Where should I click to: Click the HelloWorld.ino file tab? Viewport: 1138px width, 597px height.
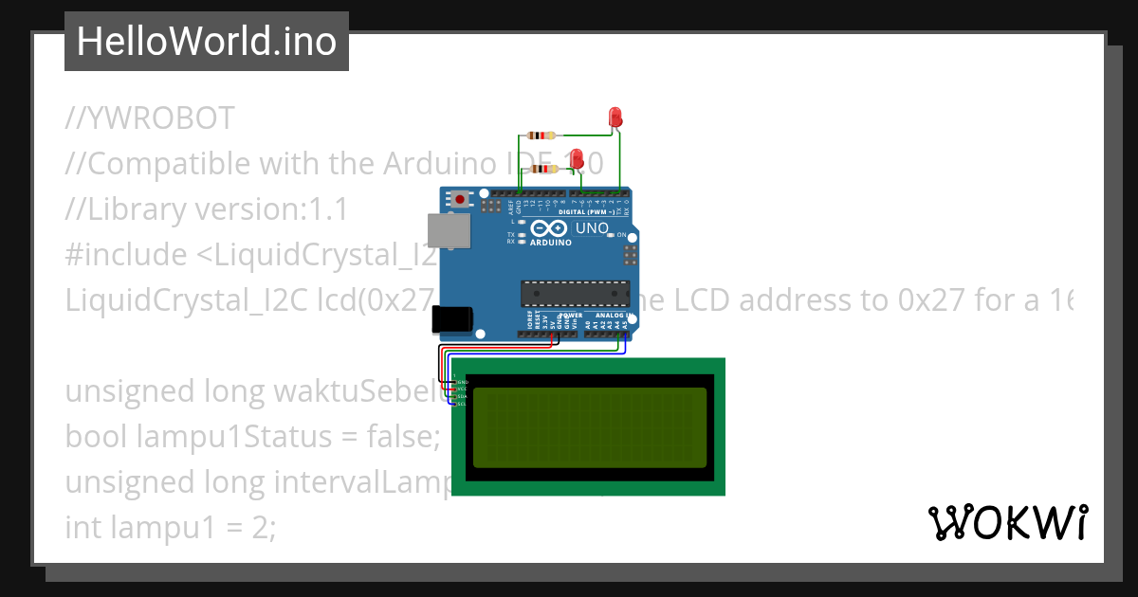(x=206, y=42)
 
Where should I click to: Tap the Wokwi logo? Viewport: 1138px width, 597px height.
(x=1007, y=522)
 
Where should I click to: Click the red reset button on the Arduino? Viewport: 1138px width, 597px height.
(x=462, y=199)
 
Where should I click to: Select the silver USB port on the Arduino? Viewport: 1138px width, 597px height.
(x=449, y=230)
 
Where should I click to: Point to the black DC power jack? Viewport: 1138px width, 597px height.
(x=451, y=319)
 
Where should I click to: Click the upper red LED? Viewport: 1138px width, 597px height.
(x=613, y=118)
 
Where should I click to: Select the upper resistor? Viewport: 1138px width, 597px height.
(x=542, y=136)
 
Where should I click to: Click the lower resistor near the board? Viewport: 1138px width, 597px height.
(x=544, y=169)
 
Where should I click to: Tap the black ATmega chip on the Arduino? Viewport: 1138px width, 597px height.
(x=575, y=293)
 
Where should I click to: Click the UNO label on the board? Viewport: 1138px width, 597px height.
(x=592, y=228)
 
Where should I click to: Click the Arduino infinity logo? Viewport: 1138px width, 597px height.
(x=550, y=228)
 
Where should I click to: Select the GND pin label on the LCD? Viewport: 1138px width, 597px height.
(x=462, y=382)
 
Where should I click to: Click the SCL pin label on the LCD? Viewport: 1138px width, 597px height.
(x=462, y=405)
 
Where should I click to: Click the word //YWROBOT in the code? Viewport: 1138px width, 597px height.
(x=150, y=118)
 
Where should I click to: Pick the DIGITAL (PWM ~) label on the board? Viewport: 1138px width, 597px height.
(x=586, y=211)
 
